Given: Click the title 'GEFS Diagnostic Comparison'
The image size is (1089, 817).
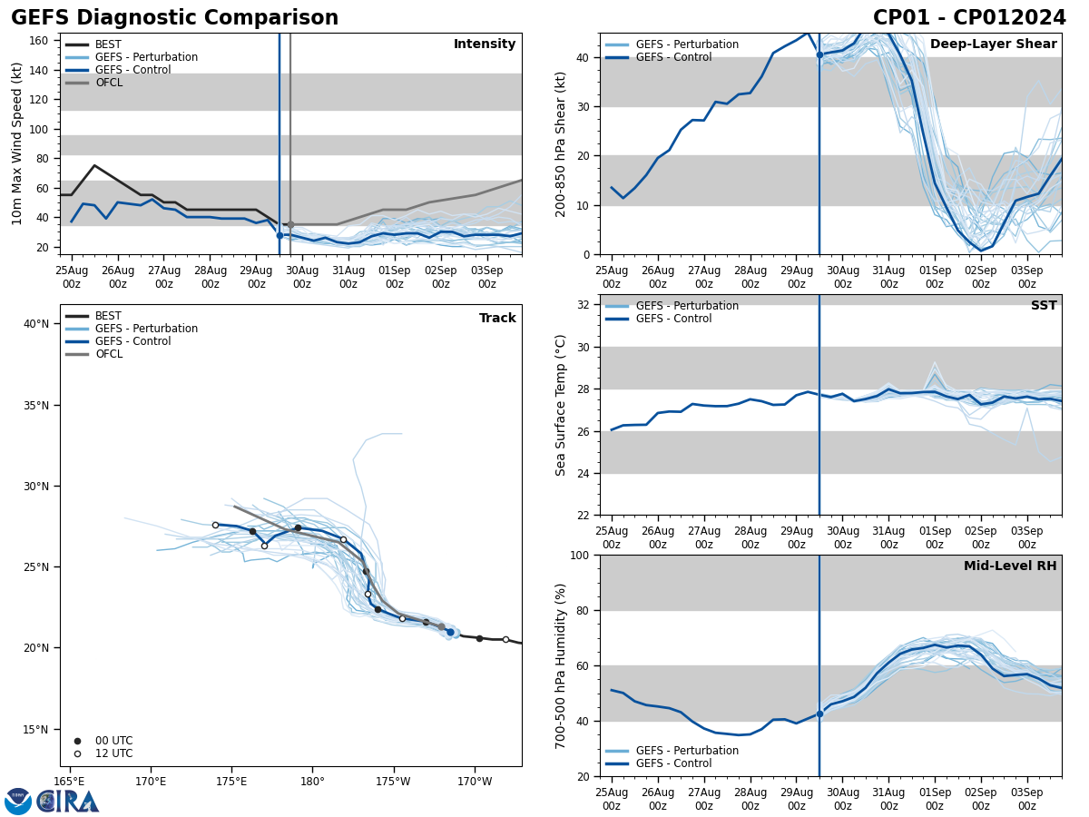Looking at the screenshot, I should click(174, 18).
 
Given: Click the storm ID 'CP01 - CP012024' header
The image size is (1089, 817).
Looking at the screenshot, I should click(969, 18).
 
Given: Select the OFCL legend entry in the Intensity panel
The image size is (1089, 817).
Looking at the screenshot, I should click(108, 83).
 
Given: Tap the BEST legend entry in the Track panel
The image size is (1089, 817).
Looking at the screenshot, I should click(108, 316).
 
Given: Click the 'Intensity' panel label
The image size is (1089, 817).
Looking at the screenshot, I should click(485, 44).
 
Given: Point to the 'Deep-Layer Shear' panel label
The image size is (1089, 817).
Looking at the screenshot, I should click(993, 44).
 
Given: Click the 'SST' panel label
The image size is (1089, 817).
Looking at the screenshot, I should click(1044, 306).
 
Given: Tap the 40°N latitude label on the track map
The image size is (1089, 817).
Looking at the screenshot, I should click(36, 324).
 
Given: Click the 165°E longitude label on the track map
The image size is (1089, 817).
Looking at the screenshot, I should click(70, 782).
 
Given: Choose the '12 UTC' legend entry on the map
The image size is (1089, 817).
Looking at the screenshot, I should click(113, 753).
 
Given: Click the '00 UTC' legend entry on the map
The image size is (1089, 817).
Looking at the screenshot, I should click(113, 741).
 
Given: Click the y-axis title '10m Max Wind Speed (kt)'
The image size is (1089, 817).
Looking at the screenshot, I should click(17, 143).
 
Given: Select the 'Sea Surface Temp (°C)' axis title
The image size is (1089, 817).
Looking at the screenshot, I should click(561, 405).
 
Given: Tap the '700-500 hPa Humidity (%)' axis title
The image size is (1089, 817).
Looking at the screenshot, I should click(561, 665).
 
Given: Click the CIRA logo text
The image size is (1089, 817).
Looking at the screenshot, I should click(68, 802).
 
